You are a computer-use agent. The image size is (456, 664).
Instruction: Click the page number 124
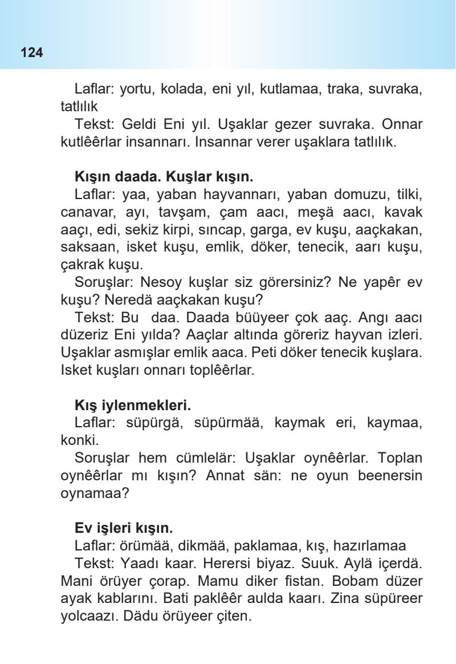(32, 54)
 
